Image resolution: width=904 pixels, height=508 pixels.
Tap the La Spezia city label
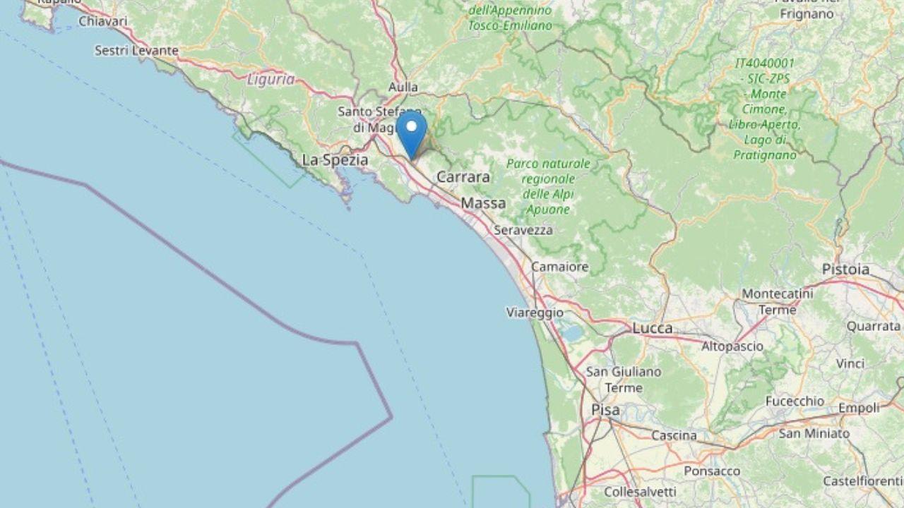[x=335, y=160]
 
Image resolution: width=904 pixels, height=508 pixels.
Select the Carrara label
[x=463, y=177]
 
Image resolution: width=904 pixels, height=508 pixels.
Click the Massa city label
[x=483, y=203]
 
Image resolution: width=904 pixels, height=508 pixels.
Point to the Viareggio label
[x=535, y=312]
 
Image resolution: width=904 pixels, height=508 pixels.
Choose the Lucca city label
[x=652, y=328]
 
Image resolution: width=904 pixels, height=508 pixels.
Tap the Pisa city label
[x=605, y=410]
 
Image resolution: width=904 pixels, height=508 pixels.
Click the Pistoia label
[x=845, y=269]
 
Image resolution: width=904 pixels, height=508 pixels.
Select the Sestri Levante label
[x=136, y=51]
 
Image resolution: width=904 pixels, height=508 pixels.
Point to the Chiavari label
[x=103, y=22]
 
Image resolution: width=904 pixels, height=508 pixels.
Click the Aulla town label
[x=403, y=87]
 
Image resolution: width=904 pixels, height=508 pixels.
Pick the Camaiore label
[x=559, y=267]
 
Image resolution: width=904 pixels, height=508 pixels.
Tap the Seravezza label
[x=523, y=230]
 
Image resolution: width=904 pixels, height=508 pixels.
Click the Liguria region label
[x=271, y=80]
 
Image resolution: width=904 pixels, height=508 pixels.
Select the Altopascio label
[x=732, y=346]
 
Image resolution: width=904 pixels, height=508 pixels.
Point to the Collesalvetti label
[x=641, y=492]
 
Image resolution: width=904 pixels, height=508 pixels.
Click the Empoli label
[x=859, y=408]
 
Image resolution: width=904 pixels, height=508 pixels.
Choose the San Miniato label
[x=814, y=433]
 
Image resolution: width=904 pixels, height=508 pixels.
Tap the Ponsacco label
[x=712, y=471]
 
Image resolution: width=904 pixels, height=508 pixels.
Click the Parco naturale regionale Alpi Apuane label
[x=548, y=186]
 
